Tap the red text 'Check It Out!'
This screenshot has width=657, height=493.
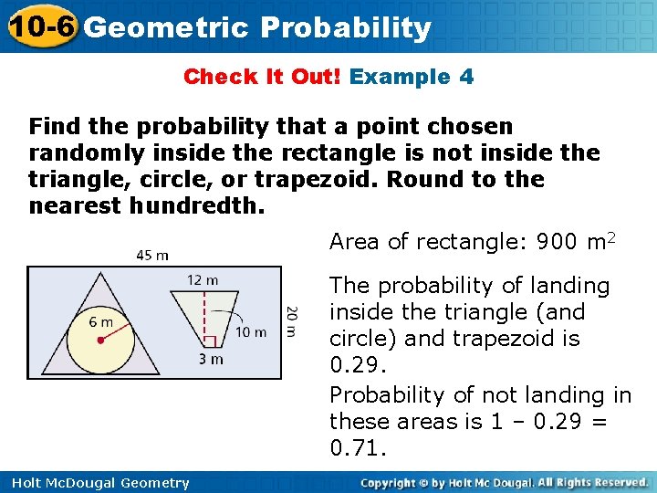pyautogui.click(x=262, y=77)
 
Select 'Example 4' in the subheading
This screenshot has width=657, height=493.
pyautogui.click(x=412, y=77)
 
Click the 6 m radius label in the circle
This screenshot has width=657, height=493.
pyautogui.click(x=100, y=321)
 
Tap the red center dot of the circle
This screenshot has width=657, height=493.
pyautogui.click(x=99, y=339)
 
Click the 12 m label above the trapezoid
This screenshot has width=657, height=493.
pyautogui.click(x=203, y=278)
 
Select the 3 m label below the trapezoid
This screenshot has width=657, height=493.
pyautogui.click(x=211, y=359)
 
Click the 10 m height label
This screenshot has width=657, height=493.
pyautogui.click(x=251, y=331)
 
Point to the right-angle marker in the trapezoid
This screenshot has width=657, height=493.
pyautogui.click(x=208, y=341)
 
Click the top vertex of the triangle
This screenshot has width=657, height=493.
pyautogui.click(x=99, y=269)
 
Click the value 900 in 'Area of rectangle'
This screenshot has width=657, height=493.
pyautogui.click(x=557, y=241)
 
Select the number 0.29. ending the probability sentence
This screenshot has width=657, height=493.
pyautogui.click(x=351, y=364)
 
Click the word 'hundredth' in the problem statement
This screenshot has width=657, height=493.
pyautogui.click(x=191, y=205)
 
